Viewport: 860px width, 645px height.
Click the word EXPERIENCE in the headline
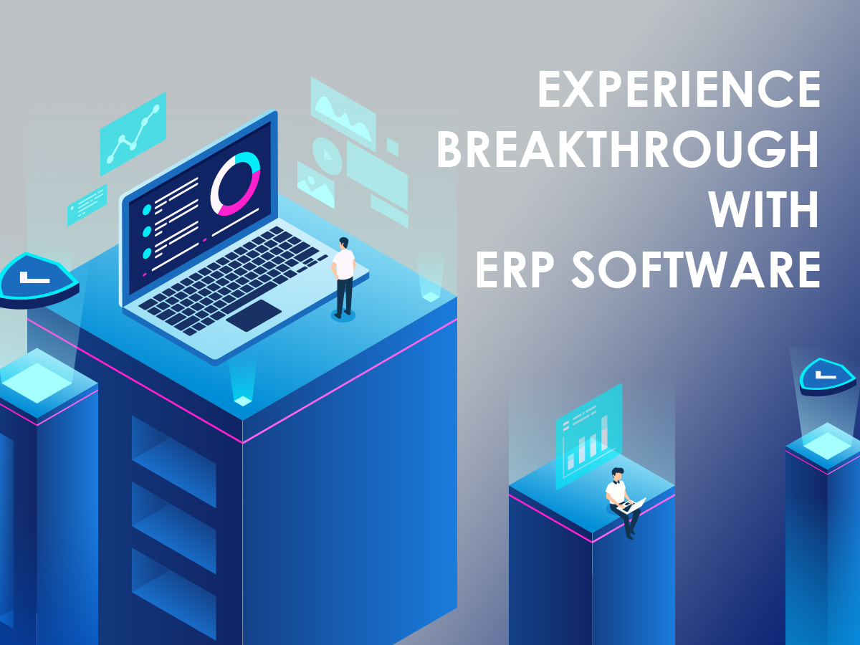coord(679,91)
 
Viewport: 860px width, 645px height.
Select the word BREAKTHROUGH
coord(628,150)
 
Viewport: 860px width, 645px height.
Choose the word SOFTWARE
coord(694,271)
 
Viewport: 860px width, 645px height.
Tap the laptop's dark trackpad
coord(254,315)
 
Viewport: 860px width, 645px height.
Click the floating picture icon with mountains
coord(315,184)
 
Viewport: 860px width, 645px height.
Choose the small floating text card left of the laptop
coord(87,205)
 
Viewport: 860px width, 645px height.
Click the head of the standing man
coord(344,243)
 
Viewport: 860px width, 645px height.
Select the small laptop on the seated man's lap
coord(634,505)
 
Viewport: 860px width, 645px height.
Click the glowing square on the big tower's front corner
coord(243,401)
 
